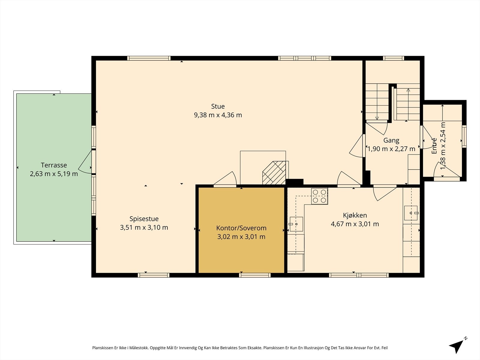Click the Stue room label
[218, 106]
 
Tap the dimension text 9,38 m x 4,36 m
[218, 115]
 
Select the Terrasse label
[54, 165]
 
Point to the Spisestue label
[144, 219]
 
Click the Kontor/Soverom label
[241, 228]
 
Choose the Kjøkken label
[355, 215]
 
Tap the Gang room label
[391, 140]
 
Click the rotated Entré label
[434, 146]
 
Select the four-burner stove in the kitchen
[319, 196]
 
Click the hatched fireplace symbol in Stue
[274, 173]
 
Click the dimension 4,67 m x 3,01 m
[355, 224]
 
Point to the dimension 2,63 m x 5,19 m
[54, 174]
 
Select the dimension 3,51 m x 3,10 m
[144, 227]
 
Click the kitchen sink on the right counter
[411, 213]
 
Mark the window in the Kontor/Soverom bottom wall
[255, 275]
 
